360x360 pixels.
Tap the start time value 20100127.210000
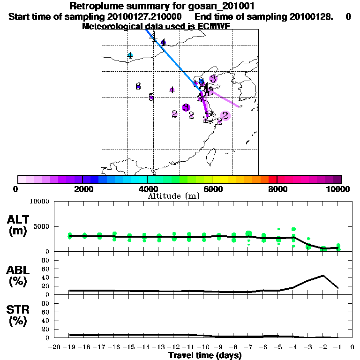pos(149,16)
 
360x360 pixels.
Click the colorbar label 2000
pos(82,189)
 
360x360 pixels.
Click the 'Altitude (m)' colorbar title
pos(173,196)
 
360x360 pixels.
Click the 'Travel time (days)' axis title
pos(205,355)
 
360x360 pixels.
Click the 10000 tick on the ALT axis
pos(40,202)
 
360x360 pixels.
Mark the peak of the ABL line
pos(323,276)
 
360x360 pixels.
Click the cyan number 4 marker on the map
pos(130,55)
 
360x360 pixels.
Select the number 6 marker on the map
pos(138,86)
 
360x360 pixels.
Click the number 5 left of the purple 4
pos(151,97)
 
